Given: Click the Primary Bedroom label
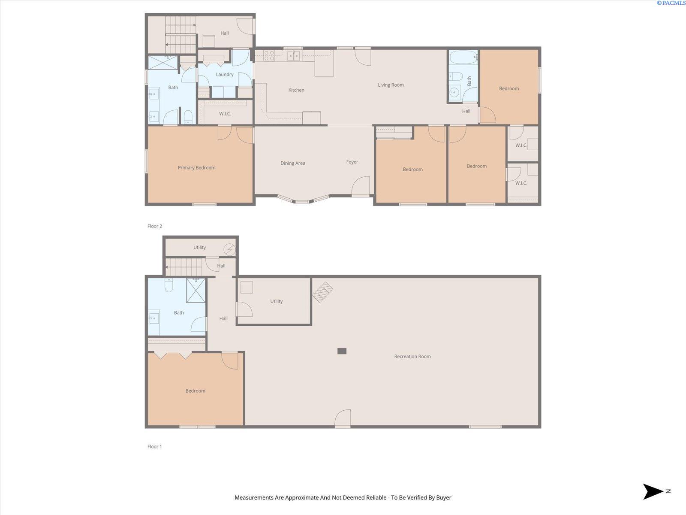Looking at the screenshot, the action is [x=196, y=168].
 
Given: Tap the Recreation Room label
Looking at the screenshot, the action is [x=412, y=357].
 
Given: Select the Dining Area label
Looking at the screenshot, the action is [x=293, y=163].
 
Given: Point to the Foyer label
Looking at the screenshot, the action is [x=352, y=162].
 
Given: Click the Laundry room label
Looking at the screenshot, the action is [x=225, y=74].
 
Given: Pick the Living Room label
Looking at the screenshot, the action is [x=391, y=85].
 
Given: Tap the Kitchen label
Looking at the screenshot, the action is [x=296, y=90].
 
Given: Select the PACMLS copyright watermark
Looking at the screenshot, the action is [x=671, y=3].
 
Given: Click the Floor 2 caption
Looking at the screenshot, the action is [x=155, y=226].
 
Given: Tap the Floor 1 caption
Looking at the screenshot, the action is [x=155, y=446].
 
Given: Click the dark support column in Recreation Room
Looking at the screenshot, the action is [x=342, y=351].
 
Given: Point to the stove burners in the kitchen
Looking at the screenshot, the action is [x=269, y=56].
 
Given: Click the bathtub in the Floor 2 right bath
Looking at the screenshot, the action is [x=463, y=57].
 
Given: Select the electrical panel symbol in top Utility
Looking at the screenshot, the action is [x=230, y=249].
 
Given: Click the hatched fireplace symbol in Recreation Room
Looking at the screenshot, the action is [x=322, y=292].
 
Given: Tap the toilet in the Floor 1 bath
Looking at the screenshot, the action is [x=169, y=285].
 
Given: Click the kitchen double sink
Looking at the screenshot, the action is [x=294, y=56].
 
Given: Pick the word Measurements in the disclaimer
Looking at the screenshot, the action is [x=254, y=497].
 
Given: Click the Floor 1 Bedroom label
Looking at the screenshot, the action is [x=196, y=391].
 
